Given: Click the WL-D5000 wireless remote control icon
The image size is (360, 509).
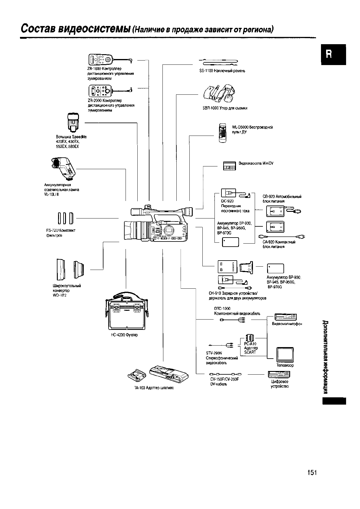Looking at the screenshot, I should (222, 133).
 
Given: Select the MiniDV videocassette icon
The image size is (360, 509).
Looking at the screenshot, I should (229, 166).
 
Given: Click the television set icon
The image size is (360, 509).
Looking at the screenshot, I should (285, 354).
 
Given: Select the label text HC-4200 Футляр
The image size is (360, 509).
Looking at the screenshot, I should (124, 335).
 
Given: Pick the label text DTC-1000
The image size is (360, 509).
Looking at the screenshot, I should (222, 309).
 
